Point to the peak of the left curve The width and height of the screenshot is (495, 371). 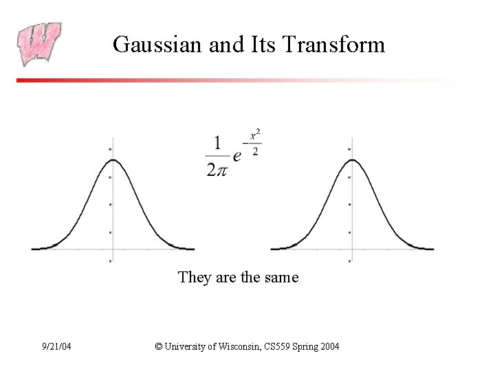111,161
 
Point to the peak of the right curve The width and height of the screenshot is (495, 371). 351,161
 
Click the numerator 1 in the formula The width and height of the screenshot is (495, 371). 217,143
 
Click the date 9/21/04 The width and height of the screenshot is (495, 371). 56,347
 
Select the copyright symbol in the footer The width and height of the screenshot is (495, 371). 159,347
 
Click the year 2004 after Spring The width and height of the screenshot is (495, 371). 329,347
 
